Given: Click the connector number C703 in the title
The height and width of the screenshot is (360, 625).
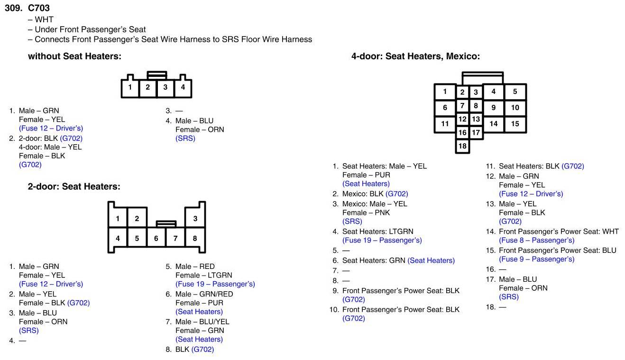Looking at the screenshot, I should (x=39, y=8).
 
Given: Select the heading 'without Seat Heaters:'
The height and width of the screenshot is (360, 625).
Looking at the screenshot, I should (x=74, y=56).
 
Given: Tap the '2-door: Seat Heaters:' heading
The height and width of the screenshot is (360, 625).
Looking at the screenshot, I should (x=74, y=187).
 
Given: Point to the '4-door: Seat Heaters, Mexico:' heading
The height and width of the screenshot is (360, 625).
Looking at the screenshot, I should (x=415, y=56).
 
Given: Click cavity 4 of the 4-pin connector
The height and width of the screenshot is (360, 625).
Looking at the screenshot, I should (x=183, y=87).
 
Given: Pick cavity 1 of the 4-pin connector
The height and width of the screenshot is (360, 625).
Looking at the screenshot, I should (x=130, y=87).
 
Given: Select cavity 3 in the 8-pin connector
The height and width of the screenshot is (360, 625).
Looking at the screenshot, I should (x=195, y=219).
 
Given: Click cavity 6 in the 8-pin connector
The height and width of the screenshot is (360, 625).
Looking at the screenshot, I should (x=156, y=239).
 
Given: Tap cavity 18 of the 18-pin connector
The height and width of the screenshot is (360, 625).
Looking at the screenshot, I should (x=462, y=146).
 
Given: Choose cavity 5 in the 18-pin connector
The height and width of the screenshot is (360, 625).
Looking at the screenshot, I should (x=515, y=92).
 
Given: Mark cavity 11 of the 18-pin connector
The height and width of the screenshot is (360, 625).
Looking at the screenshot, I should (x=445, y=124).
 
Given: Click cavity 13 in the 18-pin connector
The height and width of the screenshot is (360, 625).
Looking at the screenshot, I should (x=476, y=120).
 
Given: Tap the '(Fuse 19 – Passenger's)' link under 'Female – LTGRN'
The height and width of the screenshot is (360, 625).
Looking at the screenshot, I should (x=215, y=284).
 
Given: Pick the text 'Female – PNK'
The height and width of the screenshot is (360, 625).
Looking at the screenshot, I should (x=366, y=212).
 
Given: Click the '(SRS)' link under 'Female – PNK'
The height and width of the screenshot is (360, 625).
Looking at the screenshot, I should (x=352, y=222).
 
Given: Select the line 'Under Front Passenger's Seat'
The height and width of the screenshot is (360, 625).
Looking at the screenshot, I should (x=90, y=29).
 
